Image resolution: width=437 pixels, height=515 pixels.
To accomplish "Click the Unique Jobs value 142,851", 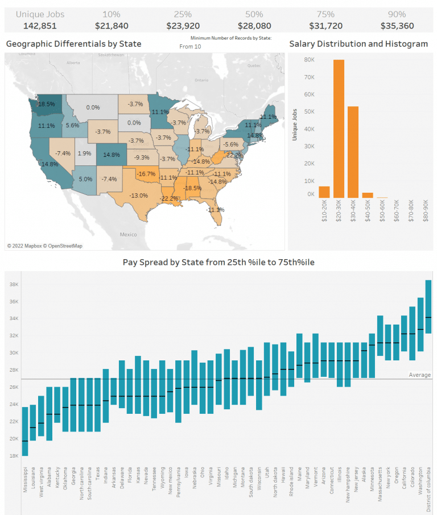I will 39,26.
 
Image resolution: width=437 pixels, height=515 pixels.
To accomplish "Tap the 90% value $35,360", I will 397,26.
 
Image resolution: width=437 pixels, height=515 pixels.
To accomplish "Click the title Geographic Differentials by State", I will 73,44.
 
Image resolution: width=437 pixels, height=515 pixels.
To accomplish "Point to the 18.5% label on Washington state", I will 47,104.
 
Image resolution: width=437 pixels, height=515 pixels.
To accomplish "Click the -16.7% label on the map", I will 146,173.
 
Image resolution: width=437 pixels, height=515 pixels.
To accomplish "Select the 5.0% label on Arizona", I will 85,179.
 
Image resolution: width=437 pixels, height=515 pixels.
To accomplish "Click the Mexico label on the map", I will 128,234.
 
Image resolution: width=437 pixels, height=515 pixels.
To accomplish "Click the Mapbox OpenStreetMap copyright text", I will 44,246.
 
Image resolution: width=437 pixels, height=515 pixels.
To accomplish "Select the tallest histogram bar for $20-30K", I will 339,128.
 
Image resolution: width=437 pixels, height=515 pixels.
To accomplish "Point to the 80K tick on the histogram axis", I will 310,59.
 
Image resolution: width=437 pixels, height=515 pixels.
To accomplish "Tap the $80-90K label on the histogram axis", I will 426,210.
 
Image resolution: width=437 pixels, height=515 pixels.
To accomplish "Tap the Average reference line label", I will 419,375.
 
